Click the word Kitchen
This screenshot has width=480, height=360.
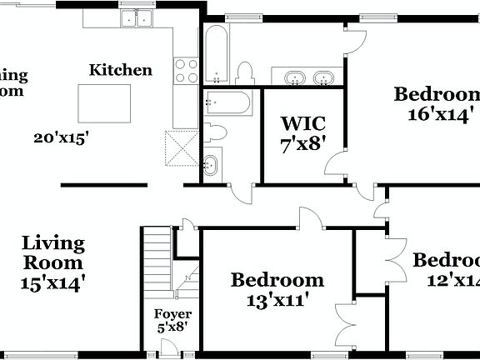pos(121,70)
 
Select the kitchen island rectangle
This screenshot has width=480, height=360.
pos(104,102)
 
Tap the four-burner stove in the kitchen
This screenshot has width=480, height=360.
pos(186,72)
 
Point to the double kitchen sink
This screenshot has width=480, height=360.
pos(137,17)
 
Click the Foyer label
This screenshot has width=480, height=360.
pos(173,314)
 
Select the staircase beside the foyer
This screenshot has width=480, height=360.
pos(155,260)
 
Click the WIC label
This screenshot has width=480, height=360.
pos(302,127)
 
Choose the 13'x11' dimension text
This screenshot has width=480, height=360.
pos(277,299)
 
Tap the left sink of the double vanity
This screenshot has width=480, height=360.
pos(295,79)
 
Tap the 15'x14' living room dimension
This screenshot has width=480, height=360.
pos(53,282)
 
